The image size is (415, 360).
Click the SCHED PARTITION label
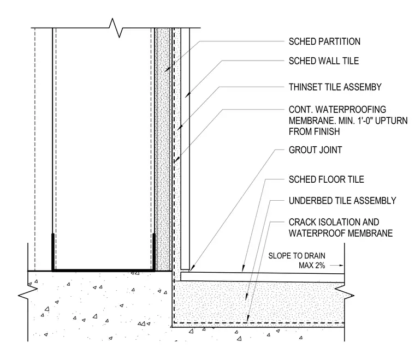(x=324, y=41)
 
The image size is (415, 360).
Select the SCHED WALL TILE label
(x=324, y=61)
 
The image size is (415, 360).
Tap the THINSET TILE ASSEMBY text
(x=335, y=87)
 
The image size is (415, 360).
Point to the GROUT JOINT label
(x=315, y=150)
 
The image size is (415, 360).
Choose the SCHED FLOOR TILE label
(x=327, y=179)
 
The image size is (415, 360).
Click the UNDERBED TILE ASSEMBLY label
(x=342, y=201)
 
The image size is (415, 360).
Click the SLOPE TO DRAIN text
(x=297, y=256)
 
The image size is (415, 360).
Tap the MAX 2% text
(x=312, y=265)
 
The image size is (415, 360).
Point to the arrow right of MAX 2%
(x=337, y=266)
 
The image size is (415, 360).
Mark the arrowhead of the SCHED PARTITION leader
(x=166, y=70)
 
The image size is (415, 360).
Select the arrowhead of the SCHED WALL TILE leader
(x=187, y=95)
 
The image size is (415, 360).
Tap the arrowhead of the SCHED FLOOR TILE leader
(x=242, y=268)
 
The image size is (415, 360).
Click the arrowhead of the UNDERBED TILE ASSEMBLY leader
(x=246, y=297)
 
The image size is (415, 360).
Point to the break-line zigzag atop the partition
(x=116, y=28)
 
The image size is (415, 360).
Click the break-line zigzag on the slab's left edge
(x=28, y=292)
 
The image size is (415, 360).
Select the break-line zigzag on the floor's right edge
(x=345, y=292)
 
